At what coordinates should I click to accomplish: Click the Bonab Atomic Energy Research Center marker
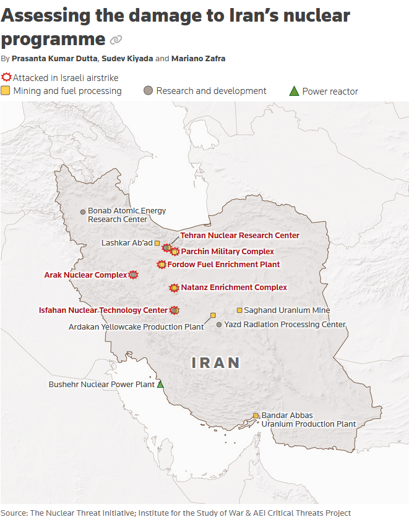coord(83,211)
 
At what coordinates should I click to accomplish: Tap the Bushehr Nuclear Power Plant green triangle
coord(160,384)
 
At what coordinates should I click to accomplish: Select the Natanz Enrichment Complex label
coord(234,288)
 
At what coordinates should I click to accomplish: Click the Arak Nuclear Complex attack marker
coord(133,275)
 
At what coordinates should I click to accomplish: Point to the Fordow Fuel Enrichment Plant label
coord(223,265)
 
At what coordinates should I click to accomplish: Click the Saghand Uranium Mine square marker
coord(239,310)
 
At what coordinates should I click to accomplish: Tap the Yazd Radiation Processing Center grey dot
coord(219,324)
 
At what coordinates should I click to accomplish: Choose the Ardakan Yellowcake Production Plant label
coord(136,327)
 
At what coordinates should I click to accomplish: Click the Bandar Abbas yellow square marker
coord(256,416)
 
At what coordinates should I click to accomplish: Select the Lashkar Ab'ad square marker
coord(157,243)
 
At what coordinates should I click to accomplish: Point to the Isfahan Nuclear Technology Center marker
coord(174,310)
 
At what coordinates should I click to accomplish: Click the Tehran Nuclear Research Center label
coord(239,236)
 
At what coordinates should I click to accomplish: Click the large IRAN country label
coord(216,362)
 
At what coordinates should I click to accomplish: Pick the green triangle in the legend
coord(295,92)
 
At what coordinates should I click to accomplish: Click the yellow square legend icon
coord(6,91)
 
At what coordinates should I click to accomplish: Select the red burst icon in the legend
coord(6,78)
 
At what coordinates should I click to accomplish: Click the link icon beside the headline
coord(116,40)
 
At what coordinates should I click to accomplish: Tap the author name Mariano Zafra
coord(199,59)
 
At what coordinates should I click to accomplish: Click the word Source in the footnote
coord(13,513)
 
